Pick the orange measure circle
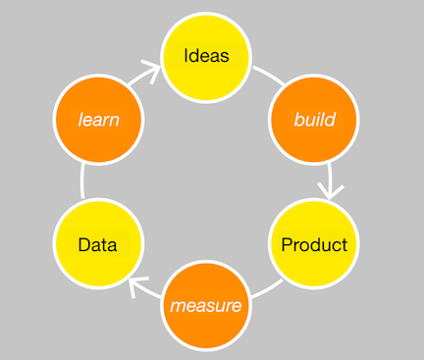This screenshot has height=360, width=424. [x=206, y=306]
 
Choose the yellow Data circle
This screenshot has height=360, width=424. [x=98, y=244]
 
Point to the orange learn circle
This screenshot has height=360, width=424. [x=99, y=121]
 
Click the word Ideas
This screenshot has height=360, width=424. [x=207, y=56]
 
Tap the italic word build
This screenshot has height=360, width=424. [x=315, y=121]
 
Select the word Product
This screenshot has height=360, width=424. [x=314, y=244]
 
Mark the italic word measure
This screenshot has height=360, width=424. [x=206, y=306]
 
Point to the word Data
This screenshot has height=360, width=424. [x=98, y=245]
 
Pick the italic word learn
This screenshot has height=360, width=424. [x=99, y=121]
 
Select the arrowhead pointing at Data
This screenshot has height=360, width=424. [x=138, y=286]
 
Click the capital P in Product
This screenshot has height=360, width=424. [x=287, y=244]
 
